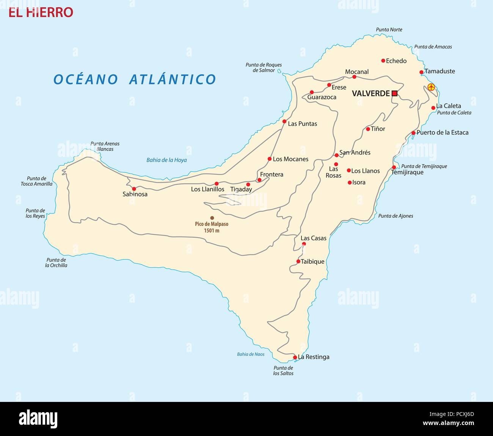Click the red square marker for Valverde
[394, 93]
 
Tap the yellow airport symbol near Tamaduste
[431, 87]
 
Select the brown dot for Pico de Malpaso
[212, 218]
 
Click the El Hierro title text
[41, 12]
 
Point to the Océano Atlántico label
[135, 80]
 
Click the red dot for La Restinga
[295, 357]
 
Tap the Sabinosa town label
[135, 194]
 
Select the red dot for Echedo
[383, 61]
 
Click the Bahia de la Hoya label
[166, 160]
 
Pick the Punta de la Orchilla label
[56, 263]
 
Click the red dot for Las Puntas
[284, 122]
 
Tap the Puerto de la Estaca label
[442, 133]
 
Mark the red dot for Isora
[350, 183]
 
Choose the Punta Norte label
[389, 30]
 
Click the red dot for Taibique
[298, 261]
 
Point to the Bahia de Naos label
[251, 354]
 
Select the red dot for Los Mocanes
[270, 159]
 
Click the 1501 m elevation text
[212, 230]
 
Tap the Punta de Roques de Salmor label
[264, 67]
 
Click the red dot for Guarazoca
[312, 92]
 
